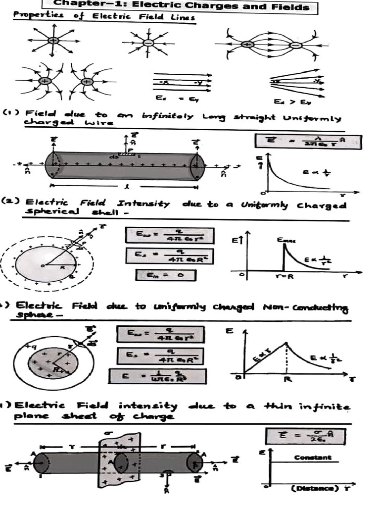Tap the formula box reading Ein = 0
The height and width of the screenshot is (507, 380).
(x=166, y=275)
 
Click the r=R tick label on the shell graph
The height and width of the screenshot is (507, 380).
(x=284, y=277)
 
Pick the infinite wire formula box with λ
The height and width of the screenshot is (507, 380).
(x=308, y=142)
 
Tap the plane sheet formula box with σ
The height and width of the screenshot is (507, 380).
(x=305, y=437)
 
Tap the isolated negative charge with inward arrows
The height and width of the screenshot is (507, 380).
(x=148, y=43)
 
